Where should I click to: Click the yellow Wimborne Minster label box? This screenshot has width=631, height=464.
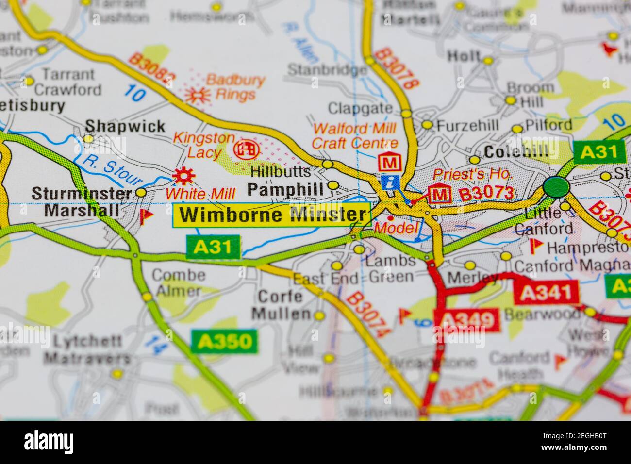272,215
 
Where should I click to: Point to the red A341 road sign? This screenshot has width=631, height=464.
547,293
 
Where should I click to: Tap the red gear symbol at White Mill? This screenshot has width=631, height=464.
184,176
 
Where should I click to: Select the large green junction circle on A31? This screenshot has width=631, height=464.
556,186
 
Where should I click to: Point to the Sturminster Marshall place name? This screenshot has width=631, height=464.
82,201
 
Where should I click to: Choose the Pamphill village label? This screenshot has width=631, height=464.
285,189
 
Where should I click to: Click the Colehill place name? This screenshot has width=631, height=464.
516,151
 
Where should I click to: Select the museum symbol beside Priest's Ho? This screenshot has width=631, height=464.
439,194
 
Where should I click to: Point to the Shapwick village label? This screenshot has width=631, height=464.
125,127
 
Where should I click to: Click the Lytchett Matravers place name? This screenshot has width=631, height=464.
87,349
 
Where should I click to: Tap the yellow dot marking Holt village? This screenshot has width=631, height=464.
488,61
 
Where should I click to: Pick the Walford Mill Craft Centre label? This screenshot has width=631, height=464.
354,136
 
